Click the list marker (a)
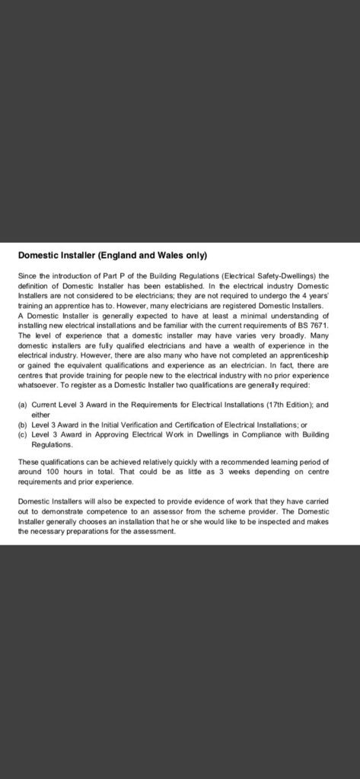23,405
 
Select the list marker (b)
23,425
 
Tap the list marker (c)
23,434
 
